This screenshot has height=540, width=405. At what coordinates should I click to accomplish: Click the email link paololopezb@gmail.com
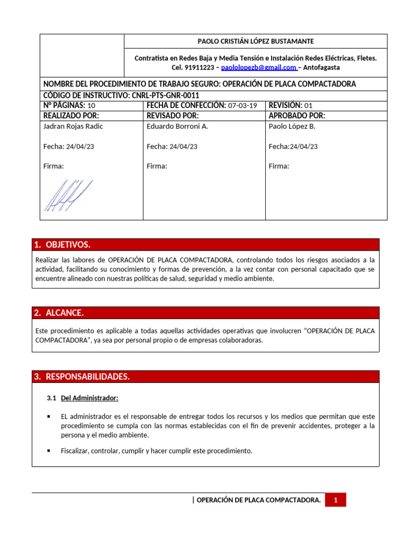(259, 67)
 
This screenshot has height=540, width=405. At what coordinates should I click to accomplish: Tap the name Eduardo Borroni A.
(177, 127)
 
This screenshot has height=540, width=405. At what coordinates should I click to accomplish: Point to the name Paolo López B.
(292, 127)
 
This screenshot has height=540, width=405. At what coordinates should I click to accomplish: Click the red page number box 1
(335, 500)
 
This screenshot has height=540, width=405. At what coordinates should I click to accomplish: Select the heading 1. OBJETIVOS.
(62, 245)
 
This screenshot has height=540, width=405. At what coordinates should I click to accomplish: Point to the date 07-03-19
(243, 105)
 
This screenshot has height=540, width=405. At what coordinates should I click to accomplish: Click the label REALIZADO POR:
(71, 115)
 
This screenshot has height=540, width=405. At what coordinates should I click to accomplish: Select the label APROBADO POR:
(297, 115)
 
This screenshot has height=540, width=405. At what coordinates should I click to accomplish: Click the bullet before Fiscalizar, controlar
(49, 451)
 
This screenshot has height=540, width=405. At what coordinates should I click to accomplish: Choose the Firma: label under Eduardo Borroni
(157, 166)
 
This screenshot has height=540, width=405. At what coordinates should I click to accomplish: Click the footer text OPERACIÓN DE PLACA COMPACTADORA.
(258, 500)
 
